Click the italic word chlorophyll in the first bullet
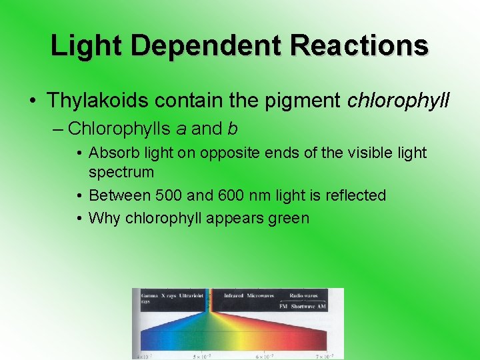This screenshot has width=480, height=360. click(399, 101)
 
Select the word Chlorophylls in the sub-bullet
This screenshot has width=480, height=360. click(117, 128)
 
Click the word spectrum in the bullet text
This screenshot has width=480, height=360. click(121, 172)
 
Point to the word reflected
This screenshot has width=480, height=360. click(353, 195)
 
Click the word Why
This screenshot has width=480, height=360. click(102, 217)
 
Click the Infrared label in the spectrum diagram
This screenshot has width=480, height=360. click(233, 295)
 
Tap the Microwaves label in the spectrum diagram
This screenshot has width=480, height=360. click(261, 295)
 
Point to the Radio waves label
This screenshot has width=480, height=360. click(303, 295)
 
